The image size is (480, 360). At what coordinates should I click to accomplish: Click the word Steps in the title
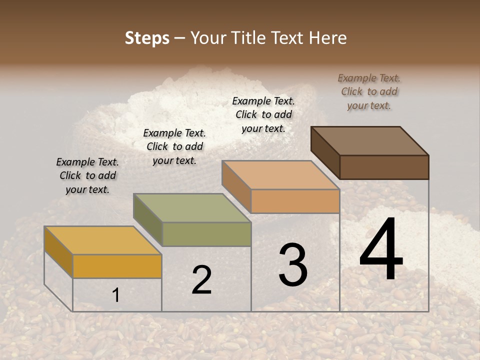point(147,38)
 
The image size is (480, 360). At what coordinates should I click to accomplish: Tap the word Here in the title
point(327,38)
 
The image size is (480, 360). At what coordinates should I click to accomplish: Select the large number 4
point(381,250)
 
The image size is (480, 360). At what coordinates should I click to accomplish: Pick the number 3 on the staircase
point(293,265)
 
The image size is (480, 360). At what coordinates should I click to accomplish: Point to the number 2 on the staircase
point(201,280)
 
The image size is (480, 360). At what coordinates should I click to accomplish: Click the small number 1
point(115,295)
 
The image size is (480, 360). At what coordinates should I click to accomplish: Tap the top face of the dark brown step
point(370,141)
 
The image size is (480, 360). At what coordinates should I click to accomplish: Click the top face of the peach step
point(280,175)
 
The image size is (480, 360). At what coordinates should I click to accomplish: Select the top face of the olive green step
point(192,208)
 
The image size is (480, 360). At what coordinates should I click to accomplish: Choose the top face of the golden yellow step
point(103,240)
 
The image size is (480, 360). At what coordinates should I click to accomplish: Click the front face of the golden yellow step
point(117,266)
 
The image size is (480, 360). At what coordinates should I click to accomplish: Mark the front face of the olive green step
point(206,234)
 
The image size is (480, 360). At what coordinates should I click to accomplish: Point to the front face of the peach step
point(295,201)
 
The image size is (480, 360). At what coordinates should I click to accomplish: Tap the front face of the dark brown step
point(384,167)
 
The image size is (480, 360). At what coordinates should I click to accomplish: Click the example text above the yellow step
point(87,175)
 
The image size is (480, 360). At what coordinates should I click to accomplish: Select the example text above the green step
point(174,146)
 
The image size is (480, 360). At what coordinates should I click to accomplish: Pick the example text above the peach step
point(263,114)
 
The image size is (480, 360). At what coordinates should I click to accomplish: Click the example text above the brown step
point(369,91)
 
